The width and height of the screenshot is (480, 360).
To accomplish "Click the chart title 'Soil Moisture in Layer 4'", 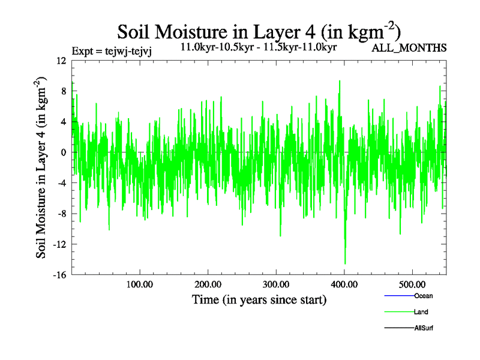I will [259, 31].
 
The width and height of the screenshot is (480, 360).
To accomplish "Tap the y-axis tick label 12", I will [61, 61].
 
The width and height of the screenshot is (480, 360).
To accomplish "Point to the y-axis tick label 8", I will [63, 91].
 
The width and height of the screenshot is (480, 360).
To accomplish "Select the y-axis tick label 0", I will [63, 152].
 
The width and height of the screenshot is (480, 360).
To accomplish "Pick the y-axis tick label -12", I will [59, 244].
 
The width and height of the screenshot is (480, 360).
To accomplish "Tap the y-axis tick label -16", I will [59, 275].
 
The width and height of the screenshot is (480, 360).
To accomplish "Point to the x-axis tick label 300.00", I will [276, 284].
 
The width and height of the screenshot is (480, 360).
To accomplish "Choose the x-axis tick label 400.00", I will [344, 284].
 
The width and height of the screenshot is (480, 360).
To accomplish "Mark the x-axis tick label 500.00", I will [413, 284].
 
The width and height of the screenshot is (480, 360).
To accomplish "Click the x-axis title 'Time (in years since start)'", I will [259, 299].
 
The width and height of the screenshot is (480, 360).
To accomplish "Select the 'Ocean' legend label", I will [423, 296].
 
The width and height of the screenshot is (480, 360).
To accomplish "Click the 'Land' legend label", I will [421, 312].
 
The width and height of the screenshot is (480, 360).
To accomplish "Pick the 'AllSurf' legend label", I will [423, 328].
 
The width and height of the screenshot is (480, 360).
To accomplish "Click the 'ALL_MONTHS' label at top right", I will [409, 48].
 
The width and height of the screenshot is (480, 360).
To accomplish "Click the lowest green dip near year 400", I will [345, 263].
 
